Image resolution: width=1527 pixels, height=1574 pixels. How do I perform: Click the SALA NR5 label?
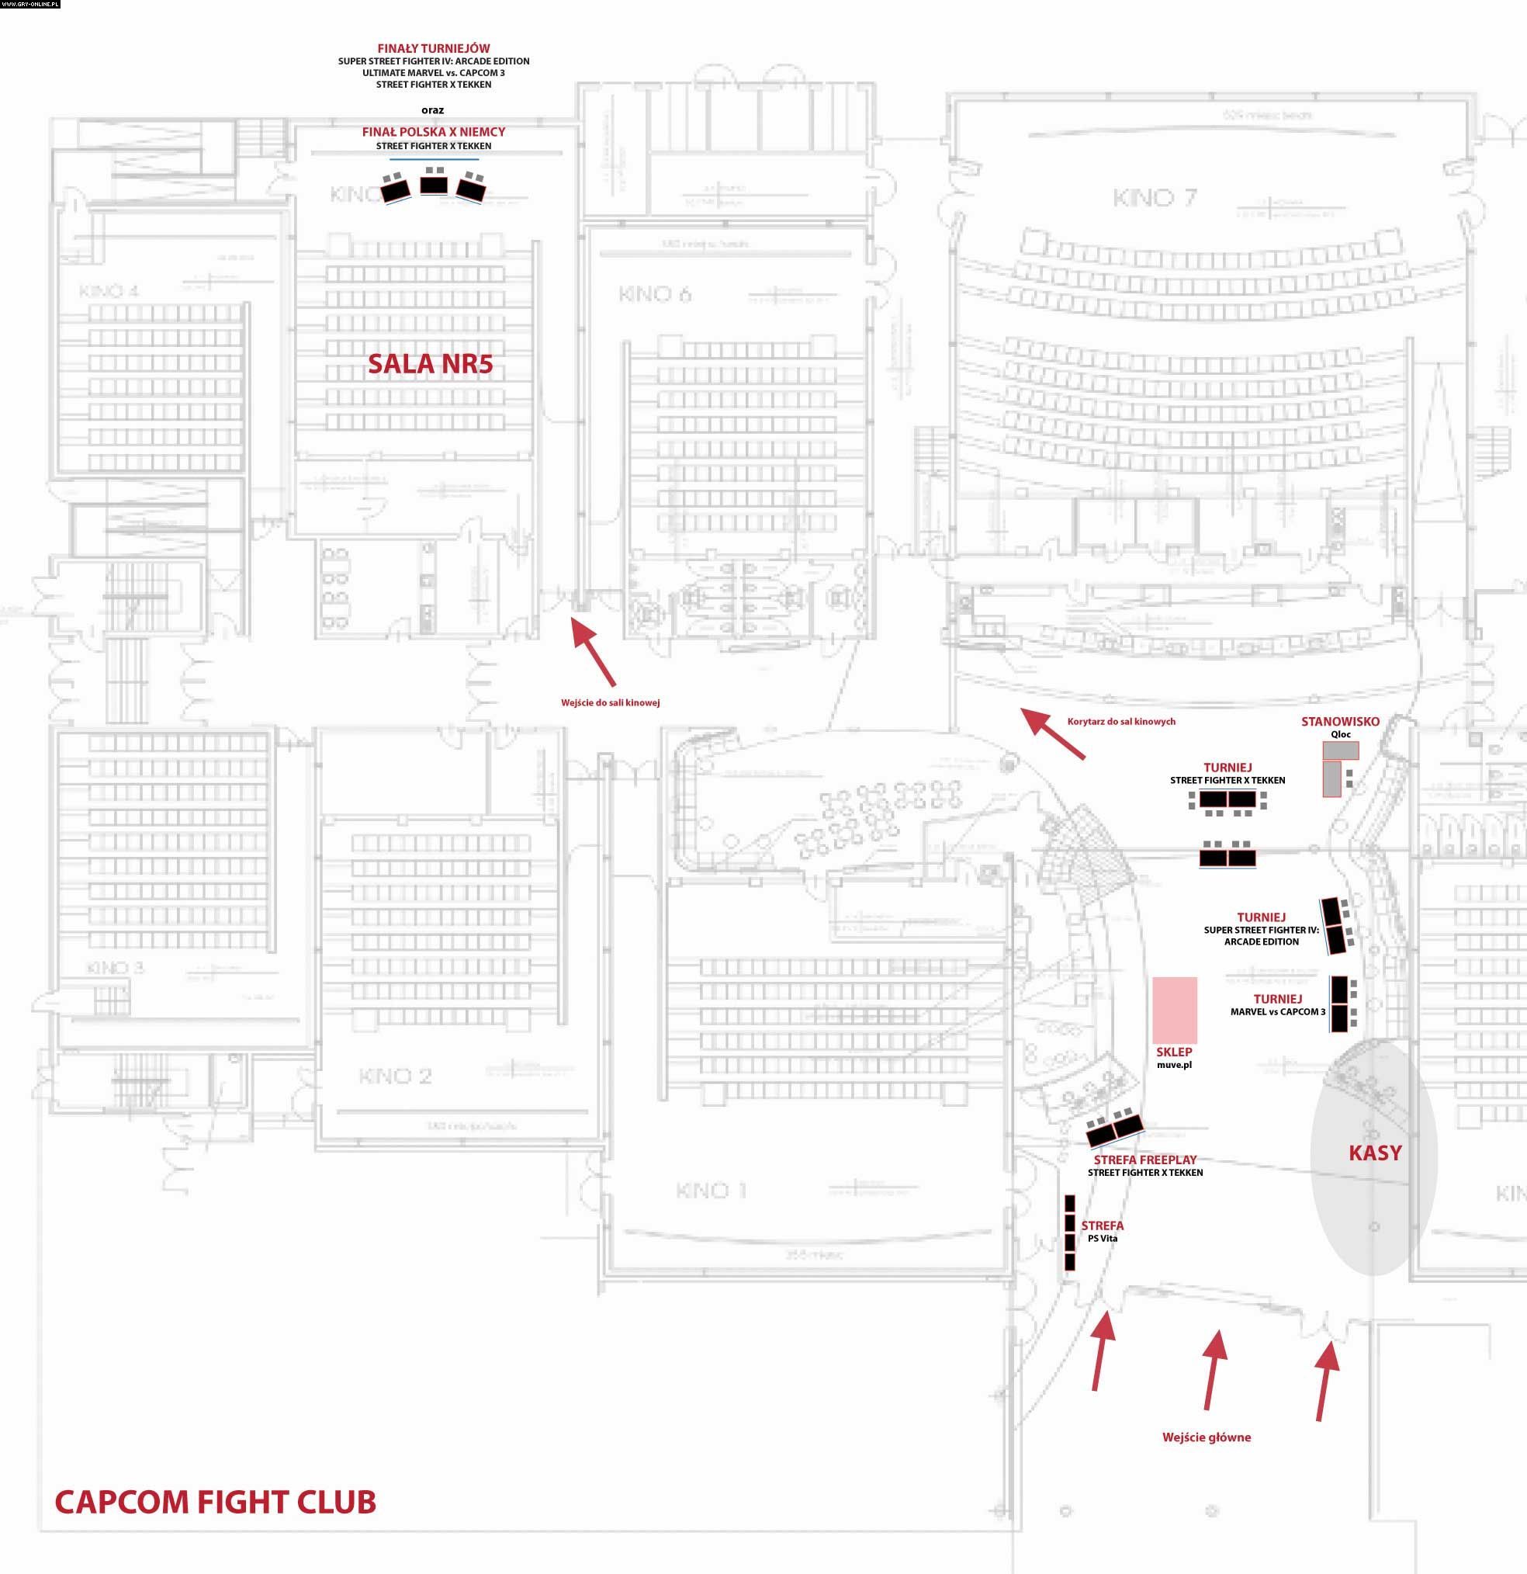(430, 364)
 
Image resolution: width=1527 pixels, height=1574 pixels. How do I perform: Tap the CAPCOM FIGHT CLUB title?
(215, 1502)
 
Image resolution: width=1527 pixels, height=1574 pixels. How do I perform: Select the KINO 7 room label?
(1154, 198)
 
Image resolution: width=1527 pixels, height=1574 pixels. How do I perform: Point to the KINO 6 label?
(654, 295)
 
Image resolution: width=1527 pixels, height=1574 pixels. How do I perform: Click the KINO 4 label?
(109, 291)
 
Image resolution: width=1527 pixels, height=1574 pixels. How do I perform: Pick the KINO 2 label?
(395, 1076)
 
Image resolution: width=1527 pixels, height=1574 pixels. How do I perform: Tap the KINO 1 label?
(712, 1190)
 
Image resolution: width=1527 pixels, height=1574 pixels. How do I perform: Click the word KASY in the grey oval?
(1374, 1153)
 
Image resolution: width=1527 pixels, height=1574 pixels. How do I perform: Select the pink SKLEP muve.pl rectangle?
(1175, 1010)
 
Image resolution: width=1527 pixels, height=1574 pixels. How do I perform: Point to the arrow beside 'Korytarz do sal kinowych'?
(1051, 733)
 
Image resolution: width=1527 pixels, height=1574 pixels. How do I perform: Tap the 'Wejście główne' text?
(1206, 1437)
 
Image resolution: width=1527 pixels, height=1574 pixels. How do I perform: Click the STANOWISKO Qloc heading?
(1340, 721)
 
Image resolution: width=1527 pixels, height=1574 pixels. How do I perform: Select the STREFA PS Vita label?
(1103, 1231)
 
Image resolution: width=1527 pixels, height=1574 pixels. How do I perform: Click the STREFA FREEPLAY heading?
(1144, 1160)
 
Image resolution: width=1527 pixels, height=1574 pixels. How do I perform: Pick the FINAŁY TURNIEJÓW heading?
(434, 48)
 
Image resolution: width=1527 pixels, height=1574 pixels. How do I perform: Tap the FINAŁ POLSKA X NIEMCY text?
(434, 132)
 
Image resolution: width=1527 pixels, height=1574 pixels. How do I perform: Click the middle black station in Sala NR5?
(435, 184)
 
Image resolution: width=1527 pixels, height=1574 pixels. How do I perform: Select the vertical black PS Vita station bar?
(1069, 1232)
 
